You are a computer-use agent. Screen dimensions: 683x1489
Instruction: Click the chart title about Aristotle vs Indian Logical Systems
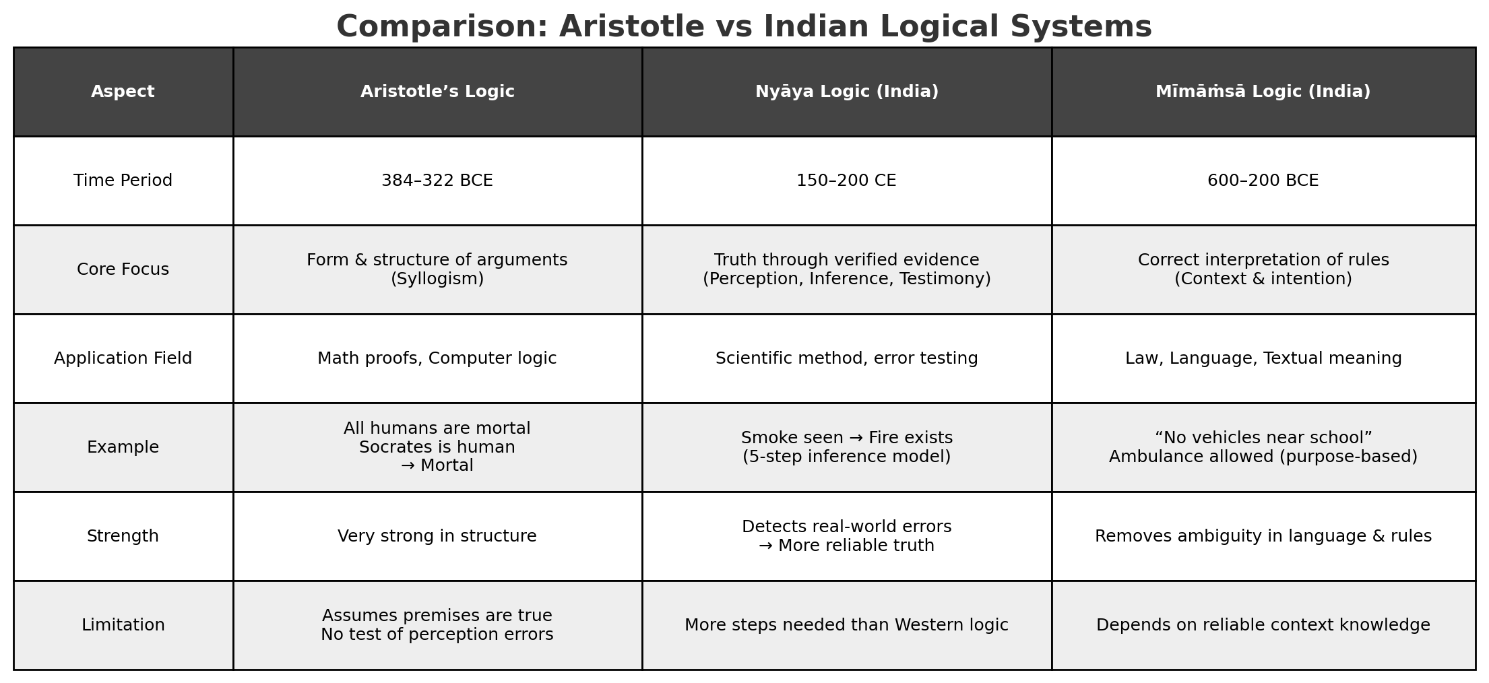point(744,27)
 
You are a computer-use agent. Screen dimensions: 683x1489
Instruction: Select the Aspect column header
point(123,92)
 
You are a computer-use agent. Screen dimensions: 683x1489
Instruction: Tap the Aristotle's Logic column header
point(437,92)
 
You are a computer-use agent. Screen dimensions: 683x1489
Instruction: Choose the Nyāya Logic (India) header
point(846,92)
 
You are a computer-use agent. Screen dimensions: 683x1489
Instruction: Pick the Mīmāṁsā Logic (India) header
point(1263,92)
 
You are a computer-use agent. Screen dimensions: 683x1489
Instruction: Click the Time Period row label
point(123,181)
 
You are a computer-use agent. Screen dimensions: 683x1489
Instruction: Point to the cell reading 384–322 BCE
point(437,181)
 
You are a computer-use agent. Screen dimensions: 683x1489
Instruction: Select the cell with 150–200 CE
point(846,181)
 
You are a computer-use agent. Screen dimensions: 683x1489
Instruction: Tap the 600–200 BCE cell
point(1263,181)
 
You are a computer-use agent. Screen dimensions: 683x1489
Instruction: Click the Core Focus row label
point(123,269)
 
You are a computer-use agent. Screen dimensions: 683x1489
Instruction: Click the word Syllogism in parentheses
point(437,279)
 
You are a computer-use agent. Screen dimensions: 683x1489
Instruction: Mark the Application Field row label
point(123,358)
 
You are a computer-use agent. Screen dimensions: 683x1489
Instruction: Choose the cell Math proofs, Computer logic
point(437,358)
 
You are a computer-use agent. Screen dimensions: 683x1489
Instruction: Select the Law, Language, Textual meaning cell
point(1263,358)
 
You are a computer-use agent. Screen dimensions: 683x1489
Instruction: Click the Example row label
point(123,447)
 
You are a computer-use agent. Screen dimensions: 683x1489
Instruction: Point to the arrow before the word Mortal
point(408,466)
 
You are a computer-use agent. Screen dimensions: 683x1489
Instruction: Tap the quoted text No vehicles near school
point(1263,438)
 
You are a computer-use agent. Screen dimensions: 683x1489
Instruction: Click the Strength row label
point(123,536)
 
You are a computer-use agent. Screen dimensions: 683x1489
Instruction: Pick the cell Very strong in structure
point(437,536)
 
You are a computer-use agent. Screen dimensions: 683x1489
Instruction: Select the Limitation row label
point(123,625)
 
